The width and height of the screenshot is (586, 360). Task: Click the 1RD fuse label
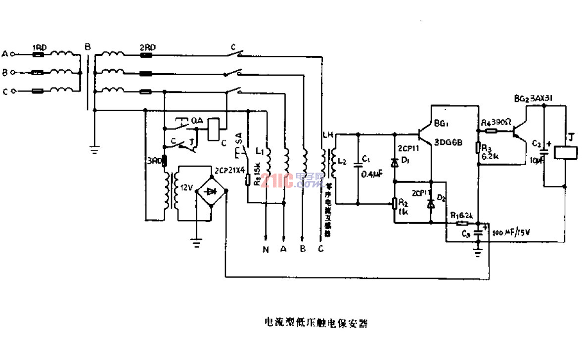click(x=40, y=47)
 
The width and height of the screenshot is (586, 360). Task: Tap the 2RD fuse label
click(x=147, y=47)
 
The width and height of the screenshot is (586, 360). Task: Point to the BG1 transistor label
click(x=441, y=123)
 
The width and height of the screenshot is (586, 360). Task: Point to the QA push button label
click(x=196, y=120)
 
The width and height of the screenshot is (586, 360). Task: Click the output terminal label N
click(x=266, y=250)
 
